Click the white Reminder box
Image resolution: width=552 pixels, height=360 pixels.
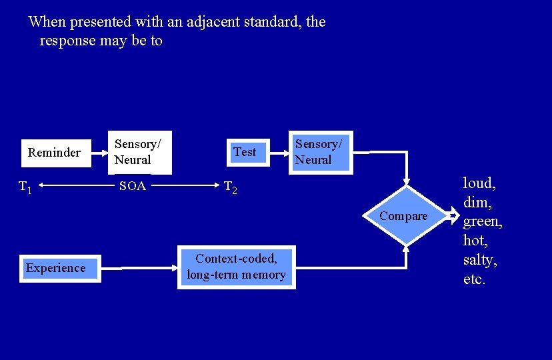56,153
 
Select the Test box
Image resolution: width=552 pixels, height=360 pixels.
248,153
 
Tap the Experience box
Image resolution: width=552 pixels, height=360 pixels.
60,269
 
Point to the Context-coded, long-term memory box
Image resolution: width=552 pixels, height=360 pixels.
237,267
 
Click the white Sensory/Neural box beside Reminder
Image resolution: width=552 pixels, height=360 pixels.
140,153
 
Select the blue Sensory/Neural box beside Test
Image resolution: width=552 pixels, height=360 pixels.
321,153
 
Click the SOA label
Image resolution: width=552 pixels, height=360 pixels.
133,185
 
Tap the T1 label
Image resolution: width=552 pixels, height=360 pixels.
25,187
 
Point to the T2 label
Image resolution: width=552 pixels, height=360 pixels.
231,187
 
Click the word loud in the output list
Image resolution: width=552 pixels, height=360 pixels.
479,183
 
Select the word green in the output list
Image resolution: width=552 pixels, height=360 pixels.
482,222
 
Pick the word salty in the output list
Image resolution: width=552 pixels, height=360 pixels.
480,261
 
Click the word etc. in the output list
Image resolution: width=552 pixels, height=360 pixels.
474,279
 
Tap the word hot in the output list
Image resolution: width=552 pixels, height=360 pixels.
475,241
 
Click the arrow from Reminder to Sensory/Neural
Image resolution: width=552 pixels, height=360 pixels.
99,153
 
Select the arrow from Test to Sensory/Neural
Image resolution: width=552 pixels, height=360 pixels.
279,153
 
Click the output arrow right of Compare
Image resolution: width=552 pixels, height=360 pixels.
453,215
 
